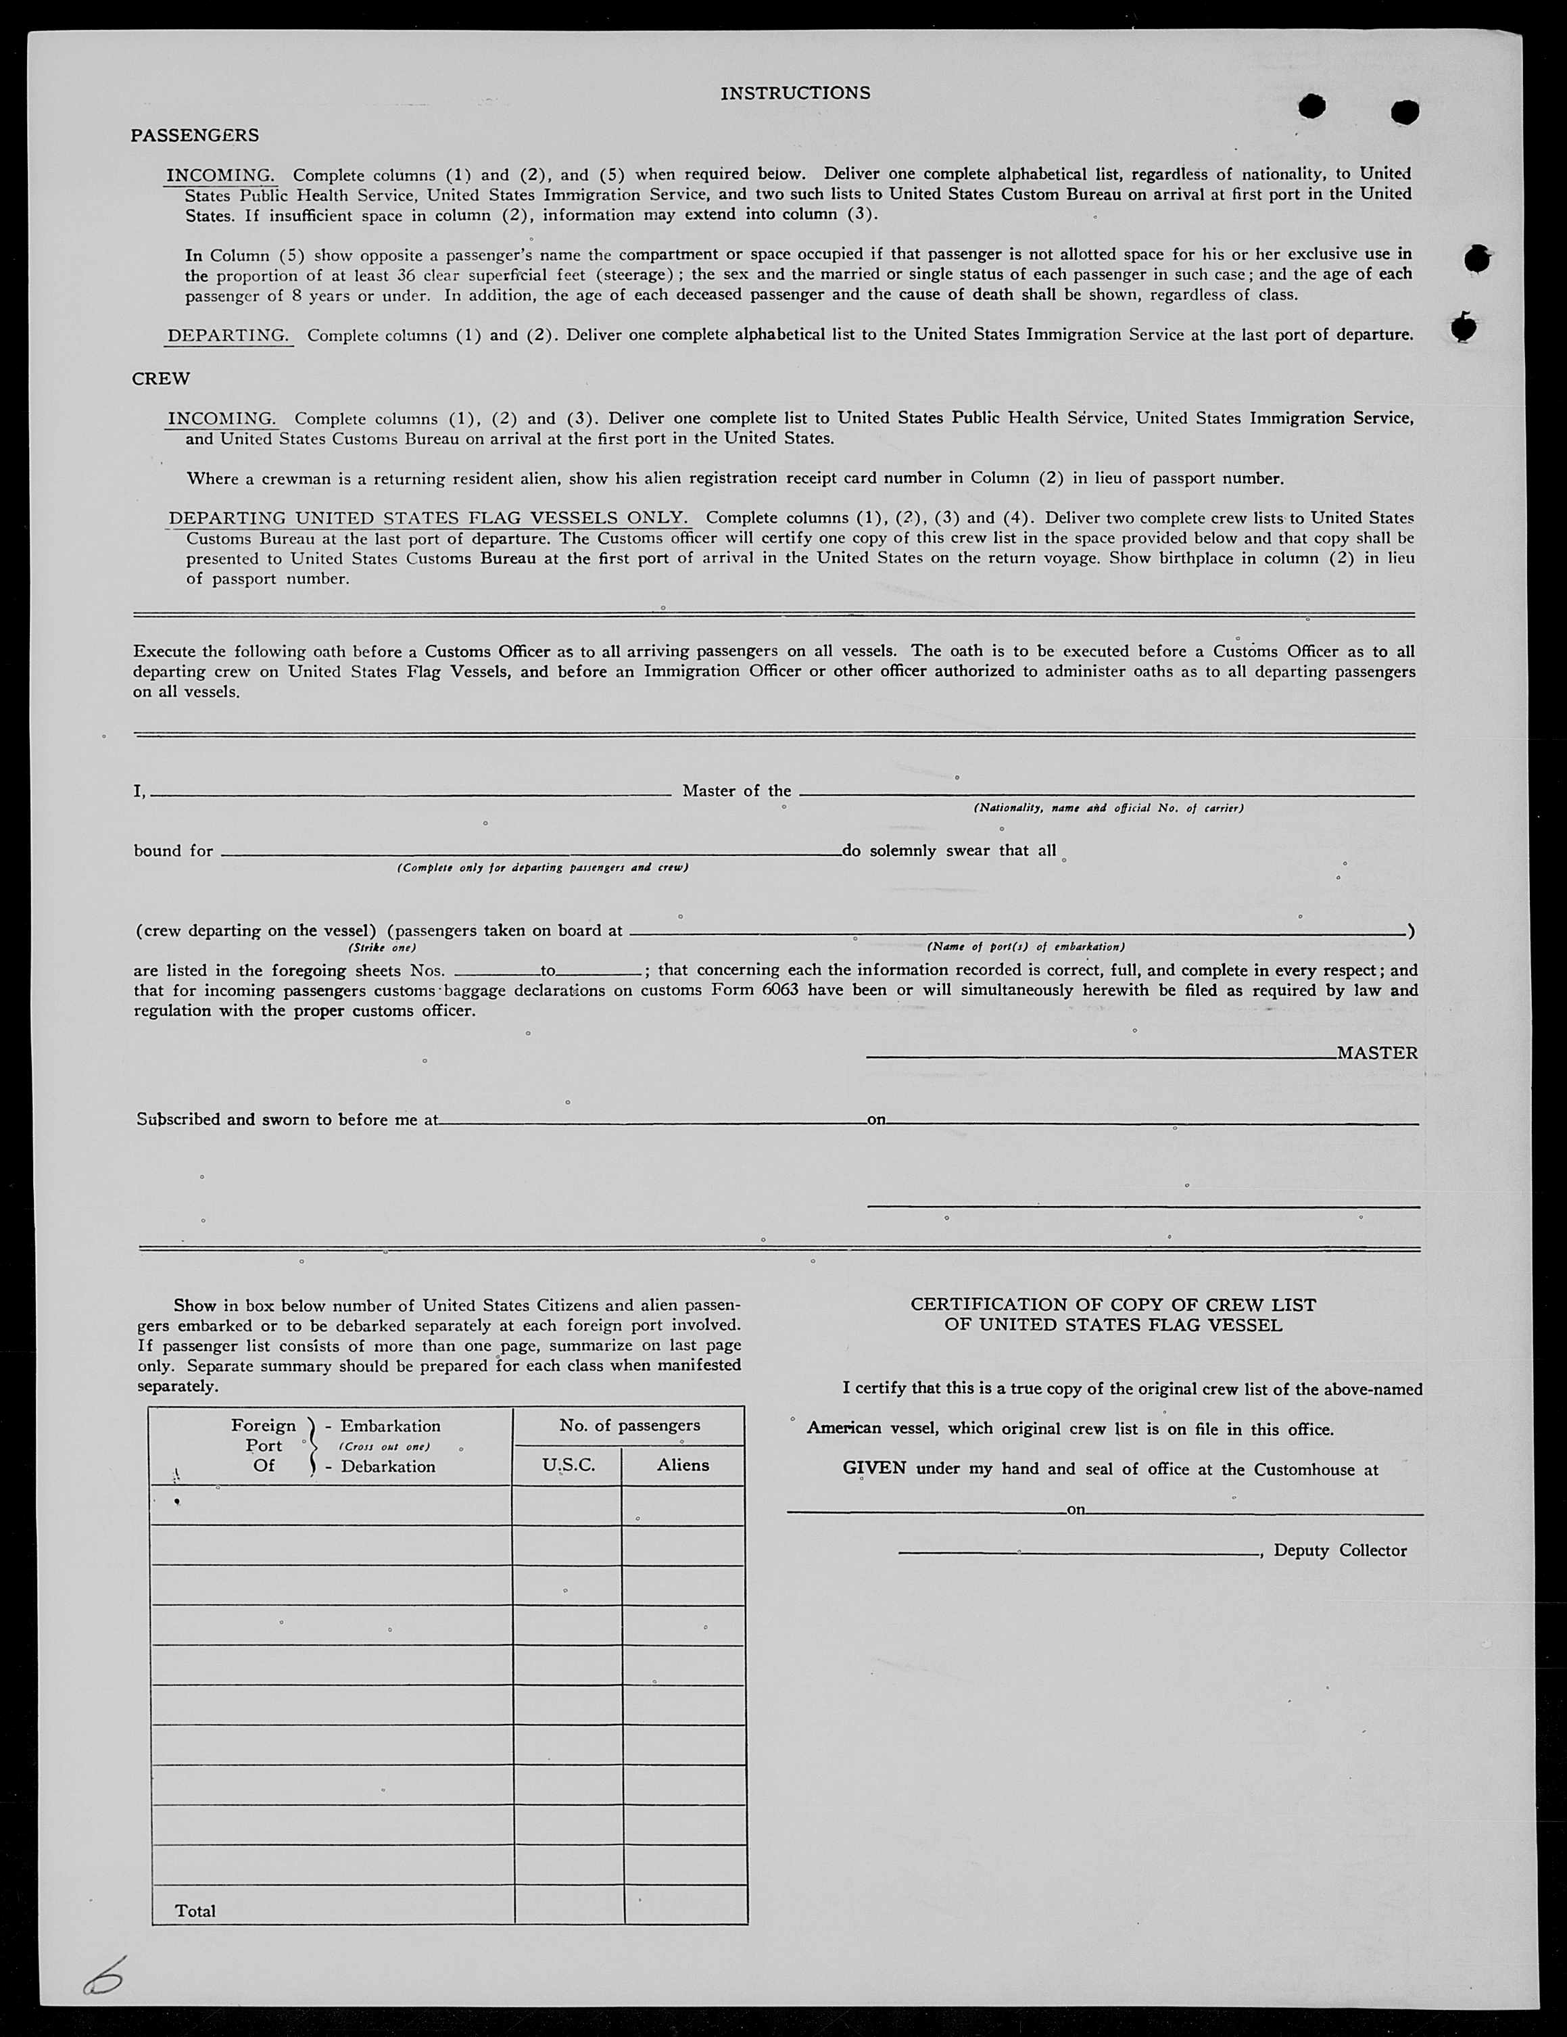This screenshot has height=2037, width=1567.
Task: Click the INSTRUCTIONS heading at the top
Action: pyautogui.click(x=795, y=93)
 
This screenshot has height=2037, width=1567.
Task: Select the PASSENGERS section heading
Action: pyautogui.click(x=194, y=135)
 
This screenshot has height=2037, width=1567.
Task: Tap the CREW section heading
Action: pyautogui.click(x=160, y=379)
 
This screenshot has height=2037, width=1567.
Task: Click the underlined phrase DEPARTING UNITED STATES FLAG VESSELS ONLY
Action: pyautogui.click(x=428, y=518)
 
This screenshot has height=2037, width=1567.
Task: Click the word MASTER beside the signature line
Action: pyautogui.click(x=1377, y=1053)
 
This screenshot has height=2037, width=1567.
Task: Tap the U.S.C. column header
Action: pyautogui.click(x=568, y=1465)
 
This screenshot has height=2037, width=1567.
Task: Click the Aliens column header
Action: pyautogui.click(x=683, y=1465)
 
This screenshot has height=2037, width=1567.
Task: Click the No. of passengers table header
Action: pyautogui.click(x=629, y=1425)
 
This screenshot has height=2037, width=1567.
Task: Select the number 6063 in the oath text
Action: pyautogui.click(x=779, y=990)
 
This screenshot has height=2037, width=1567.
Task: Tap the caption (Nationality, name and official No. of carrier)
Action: pyautogui.click(x=1108, y=808)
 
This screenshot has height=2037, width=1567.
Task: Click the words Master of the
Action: pyautogui.click(x=736, y=791)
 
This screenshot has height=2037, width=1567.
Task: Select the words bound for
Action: pyautogui.click(x=174, y=850)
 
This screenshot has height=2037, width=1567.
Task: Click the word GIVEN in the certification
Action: pyautogui.click(x=874, y=1468)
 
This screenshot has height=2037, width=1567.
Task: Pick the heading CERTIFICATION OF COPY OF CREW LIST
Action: pyautogui.click(x=1113, y=1305)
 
